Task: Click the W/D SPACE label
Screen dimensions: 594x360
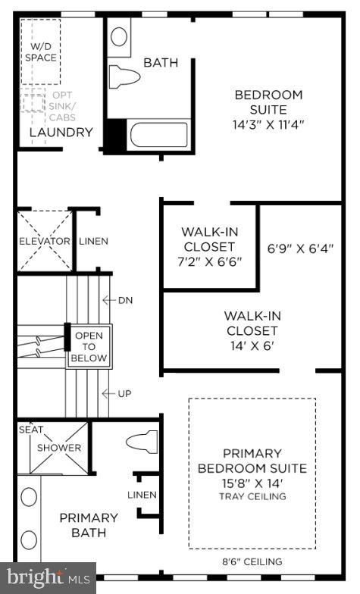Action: click(x=40, y=52)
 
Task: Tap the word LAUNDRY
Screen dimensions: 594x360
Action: click(x=61, y=133)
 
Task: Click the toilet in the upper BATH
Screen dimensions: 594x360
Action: click(x=125, y=77)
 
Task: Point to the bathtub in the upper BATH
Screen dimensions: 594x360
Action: click(x=158, y=136)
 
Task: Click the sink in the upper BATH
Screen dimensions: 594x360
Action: click(x=120, y=36)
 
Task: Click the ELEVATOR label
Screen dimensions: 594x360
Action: click(x=45, y=242)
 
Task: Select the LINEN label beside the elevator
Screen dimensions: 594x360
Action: click(x=93, y=242)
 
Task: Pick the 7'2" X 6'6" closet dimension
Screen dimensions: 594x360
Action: click(x=208, y=261)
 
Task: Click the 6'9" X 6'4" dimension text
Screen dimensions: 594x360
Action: click(x=301, y=248)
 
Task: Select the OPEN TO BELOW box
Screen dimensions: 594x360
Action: click(x=89, y=346)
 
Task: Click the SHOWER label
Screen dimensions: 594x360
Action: click(x=60, y=448)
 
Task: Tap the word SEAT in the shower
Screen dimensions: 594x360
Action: click(x=31, y=430)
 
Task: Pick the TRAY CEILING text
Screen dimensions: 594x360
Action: click(x=252, y=496)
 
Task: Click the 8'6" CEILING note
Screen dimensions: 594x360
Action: click(x=252, y=562)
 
